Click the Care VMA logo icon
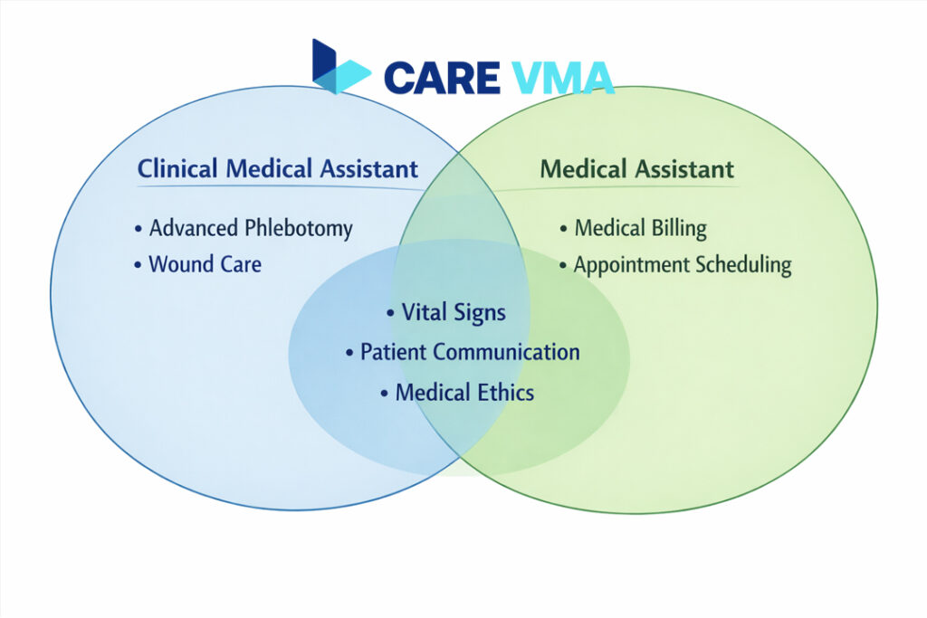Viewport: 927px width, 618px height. coord(341,67)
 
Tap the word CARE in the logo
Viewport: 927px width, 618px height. coord(442,78)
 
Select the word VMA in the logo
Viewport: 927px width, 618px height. coord(561,78)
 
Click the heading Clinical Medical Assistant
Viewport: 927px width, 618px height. coord(278,169)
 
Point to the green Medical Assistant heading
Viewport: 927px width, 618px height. coord(636,169)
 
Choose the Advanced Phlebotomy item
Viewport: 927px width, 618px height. coord(244,228)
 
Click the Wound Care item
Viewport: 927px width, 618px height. coord(198,264)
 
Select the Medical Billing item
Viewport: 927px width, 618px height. coord(633,228)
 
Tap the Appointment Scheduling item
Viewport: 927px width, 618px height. coord(675,265)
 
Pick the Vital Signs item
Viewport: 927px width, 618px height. coord(446,312)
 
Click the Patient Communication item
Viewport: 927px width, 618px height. coord(463,352)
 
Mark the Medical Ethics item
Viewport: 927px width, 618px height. coord(457,393)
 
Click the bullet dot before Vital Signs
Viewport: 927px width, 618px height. coord(390,313)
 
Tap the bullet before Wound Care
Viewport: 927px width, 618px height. coord(138,265)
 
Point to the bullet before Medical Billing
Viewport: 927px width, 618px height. coord(563,229)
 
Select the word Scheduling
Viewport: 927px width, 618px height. coord(743,265)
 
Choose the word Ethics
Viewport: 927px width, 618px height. coord(506,393)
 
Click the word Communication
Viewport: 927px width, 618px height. coord(506,352)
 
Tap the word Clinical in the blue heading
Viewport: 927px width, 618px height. coord(177,169)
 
